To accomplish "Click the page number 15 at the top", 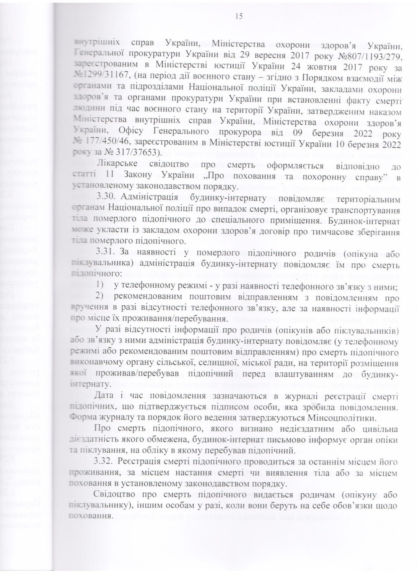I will tap(240, 16).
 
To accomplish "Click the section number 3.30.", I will tap(106, 199).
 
